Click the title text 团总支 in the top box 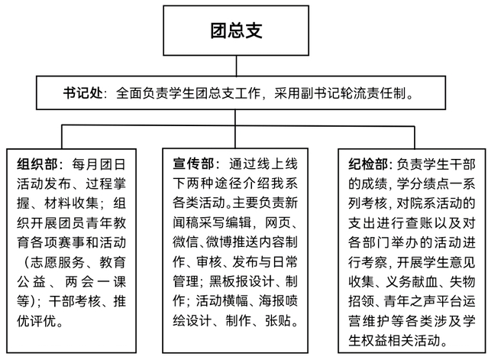[236, 31]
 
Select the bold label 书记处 [82, 93]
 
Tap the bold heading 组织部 [37, 164]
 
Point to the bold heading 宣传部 [193, 164]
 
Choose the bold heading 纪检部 [368, 164]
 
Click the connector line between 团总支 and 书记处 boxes [236, 66]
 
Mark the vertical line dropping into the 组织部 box [62, 137]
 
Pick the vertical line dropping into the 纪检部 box [415, 138]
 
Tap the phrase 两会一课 [96, 282]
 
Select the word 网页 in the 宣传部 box [278, 222]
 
